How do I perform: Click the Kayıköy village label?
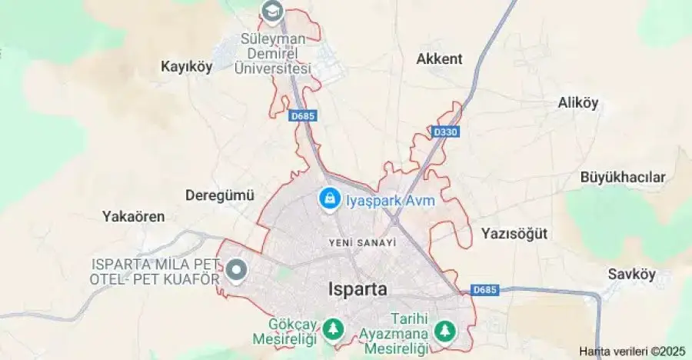pyautogui.click(x=185, y=66)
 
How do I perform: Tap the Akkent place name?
pyautogui.click(x=439, y=58)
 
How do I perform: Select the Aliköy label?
pyautogui.click(x=578, y=103)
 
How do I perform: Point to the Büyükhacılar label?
pyautogui.click(x=623, y=177)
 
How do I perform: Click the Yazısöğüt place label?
pyautogui.click(x=514, y=233)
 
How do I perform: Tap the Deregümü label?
pyautogui.click(x=219, y=195)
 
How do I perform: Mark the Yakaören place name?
pyautogui.click(x=134, y=216)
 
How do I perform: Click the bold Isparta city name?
pyautogui.click(x=358, y=289)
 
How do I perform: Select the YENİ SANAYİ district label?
pyautogui.click(x=362, y=242)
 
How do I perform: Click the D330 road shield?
pyautogui.click(x=445, y=132)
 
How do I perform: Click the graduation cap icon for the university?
pyautogui.click(x=271, y=11)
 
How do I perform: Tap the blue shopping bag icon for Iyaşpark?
pyautogui.click(x=329, y=198)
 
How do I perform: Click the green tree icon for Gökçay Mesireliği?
pyautogui.click(x=333, y=330)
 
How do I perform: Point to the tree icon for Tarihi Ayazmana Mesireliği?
pyautogui.click(x=444, y=331)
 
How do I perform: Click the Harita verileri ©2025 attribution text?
pyautogui.click(x=631, y=351)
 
